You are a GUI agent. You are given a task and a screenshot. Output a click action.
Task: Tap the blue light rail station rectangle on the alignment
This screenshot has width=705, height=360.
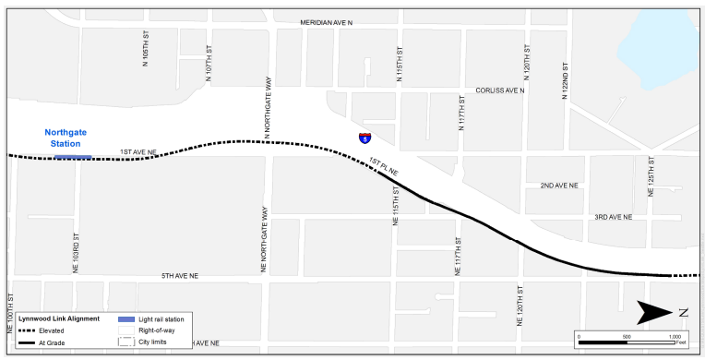72,157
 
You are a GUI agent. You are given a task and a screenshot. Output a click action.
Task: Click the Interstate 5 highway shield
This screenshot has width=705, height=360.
365,138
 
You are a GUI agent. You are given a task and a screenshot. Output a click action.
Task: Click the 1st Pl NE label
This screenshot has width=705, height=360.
382,166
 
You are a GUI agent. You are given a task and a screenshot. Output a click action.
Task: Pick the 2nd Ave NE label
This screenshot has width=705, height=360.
559,186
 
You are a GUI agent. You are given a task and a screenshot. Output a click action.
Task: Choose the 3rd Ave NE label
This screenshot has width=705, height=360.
613,217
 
